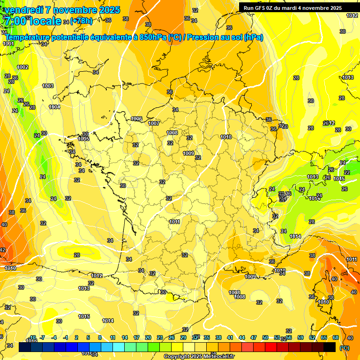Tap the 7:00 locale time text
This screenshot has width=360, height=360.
pos(32,21)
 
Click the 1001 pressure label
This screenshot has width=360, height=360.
pos(8,44)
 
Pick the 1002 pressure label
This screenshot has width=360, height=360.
pos(22,67)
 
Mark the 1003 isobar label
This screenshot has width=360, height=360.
pos(48,86)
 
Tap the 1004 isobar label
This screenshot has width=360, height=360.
pos(54,107)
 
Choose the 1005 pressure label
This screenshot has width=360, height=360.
pos(84,139)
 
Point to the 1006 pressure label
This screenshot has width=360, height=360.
pos(136,119)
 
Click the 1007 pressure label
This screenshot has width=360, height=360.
pos(154,123)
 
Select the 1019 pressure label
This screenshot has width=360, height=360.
pos(10,268)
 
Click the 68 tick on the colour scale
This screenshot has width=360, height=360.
pos(336,337)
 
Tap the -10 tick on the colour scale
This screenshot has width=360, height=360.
pos(33,337)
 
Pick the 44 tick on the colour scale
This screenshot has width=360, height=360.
pos(242,337)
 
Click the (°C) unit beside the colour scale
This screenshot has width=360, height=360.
pos(344,348)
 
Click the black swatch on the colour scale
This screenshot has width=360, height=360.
pos(330,347)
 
